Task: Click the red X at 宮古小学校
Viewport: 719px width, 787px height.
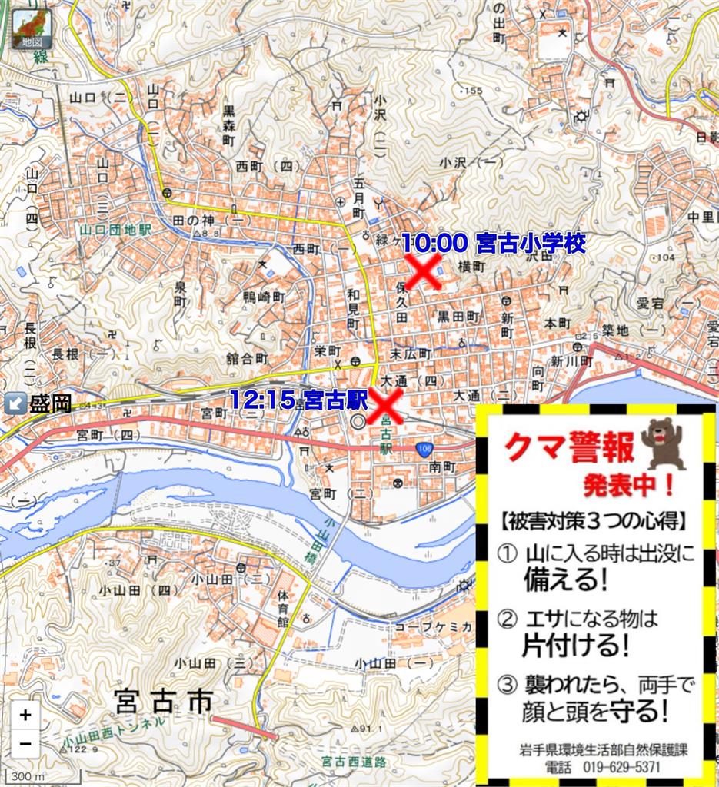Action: (x=424, y=271)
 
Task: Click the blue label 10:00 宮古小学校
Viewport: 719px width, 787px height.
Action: (x=493, y=244)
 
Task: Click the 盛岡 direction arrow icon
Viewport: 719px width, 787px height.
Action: (x=14, y=402)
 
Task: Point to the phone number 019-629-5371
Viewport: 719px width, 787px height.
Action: (x=611, y=767)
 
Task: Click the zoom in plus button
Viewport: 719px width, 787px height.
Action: (x=25, y=715)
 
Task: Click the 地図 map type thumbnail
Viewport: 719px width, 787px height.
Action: (x=32, y=30)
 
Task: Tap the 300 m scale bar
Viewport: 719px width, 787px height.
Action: (x=23, y=776)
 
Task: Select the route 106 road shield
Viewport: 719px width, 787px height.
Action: (x=423, y=448)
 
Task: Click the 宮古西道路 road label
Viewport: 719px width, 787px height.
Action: (x=355, y=762)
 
